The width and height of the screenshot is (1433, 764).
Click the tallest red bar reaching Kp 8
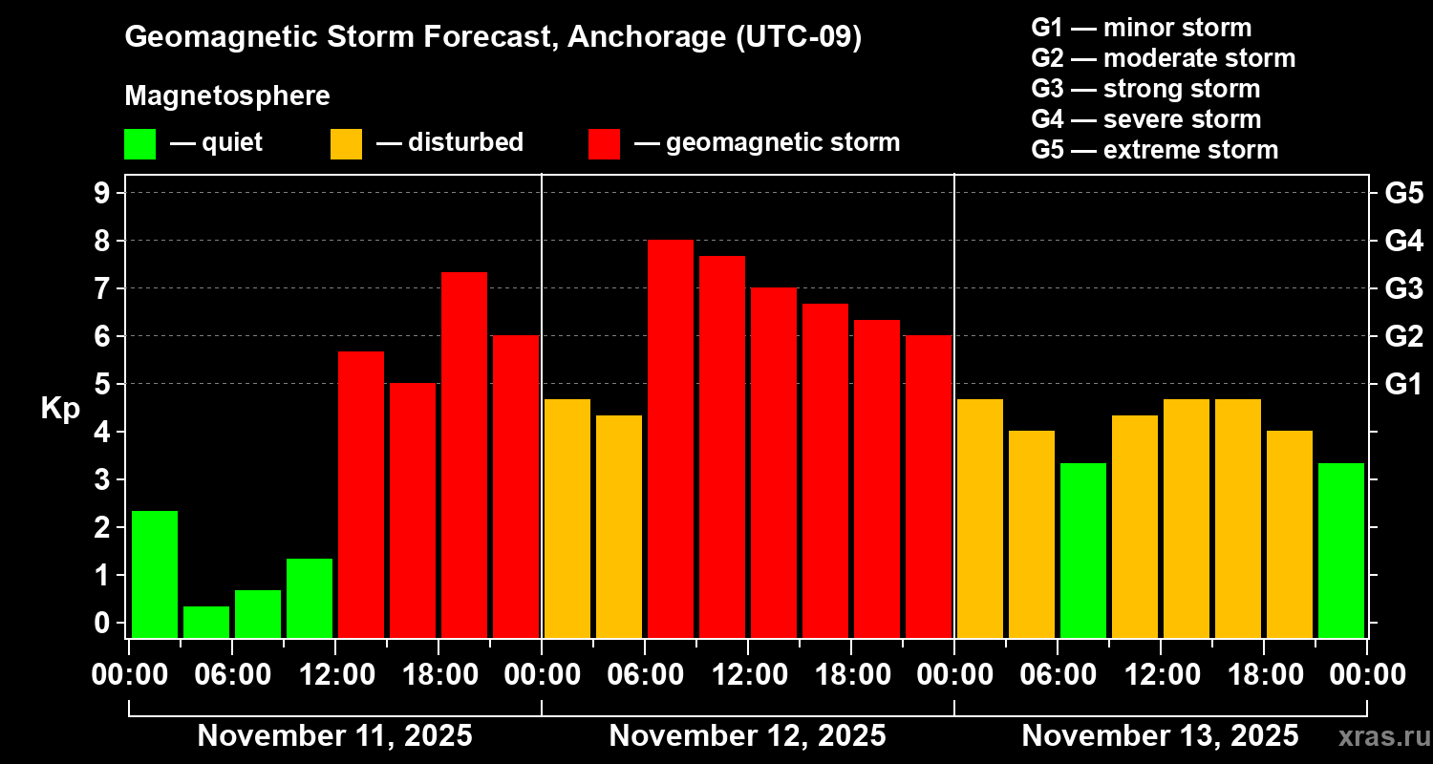(670, 439)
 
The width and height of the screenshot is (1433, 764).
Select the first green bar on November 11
(154, 574)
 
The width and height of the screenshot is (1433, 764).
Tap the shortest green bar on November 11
(205, 622)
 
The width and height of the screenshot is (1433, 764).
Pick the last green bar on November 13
(1340, 550)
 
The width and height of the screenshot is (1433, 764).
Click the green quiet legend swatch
(139, 144)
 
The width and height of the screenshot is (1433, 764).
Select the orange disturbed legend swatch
(346, 144)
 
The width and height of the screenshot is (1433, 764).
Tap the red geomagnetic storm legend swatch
(604, 144)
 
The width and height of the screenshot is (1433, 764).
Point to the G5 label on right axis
(1403, 194)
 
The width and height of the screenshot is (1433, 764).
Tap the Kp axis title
(60, 409)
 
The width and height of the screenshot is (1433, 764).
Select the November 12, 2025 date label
(747, 736)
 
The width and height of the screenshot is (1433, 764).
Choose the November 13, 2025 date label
(1160, 736)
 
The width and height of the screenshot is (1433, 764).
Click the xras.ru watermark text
(1382, 736)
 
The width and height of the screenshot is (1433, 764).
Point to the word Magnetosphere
(227, 96)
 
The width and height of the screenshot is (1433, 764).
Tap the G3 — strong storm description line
(1145, 89)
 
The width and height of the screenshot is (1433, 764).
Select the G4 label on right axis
(1403, 242)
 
